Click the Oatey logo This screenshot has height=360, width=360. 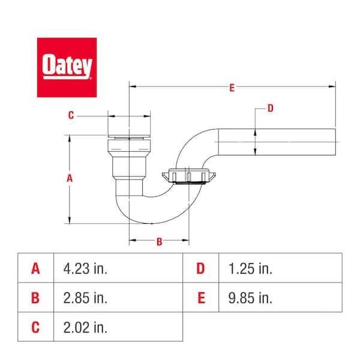(x=67, y=67)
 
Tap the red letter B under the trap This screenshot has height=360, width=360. (x=159, y=242)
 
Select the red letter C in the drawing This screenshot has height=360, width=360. (x=71, y=116)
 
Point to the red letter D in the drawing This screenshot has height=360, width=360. (x=270, y=109)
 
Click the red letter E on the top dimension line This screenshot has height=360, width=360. (x=232, y=88)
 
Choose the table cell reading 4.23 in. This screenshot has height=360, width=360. (x=118, y=268)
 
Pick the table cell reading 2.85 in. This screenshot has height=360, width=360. (x=118, y=298)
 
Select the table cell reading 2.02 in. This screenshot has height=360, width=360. (x=118, y=327)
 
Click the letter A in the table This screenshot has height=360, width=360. (x=36, y=268)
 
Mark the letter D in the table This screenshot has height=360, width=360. (x=200, y=268)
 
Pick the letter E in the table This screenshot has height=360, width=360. (x=200, y=298)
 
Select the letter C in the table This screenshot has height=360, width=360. (x=36, y=327)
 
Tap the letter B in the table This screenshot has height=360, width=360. (x=36, y=298)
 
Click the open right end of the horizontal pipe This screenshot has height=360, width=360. (x=333, y=141)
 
